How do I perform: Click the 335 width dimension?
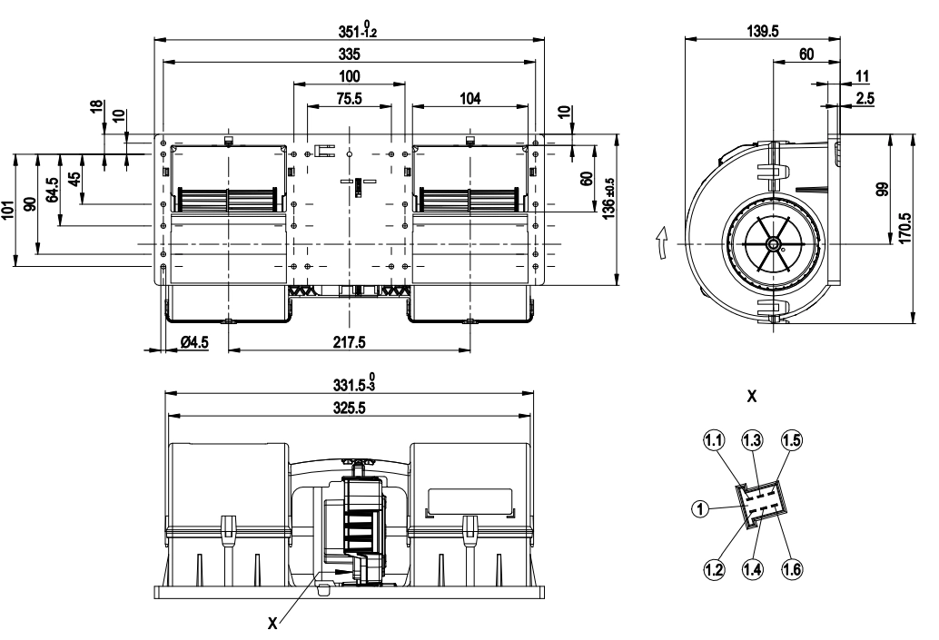click(x=349, y=54)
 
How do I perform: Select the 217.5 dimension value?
click(x=349, y=342)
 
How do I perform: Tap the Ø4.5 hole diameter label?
click(x=194, y=342)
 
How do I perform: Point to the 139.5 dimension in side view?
click(x=762, y=32)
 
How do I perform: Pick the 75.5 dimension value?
click(x=349, y=99)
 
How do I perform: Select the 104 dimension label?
click(x=470, y=99)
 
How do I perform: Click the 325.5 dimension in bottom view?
click(x=349, y=408)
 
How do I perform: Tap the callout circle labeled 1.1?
click(x=713, y=440)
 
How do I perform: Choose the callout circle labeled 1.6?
click(x=792, y=569)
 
